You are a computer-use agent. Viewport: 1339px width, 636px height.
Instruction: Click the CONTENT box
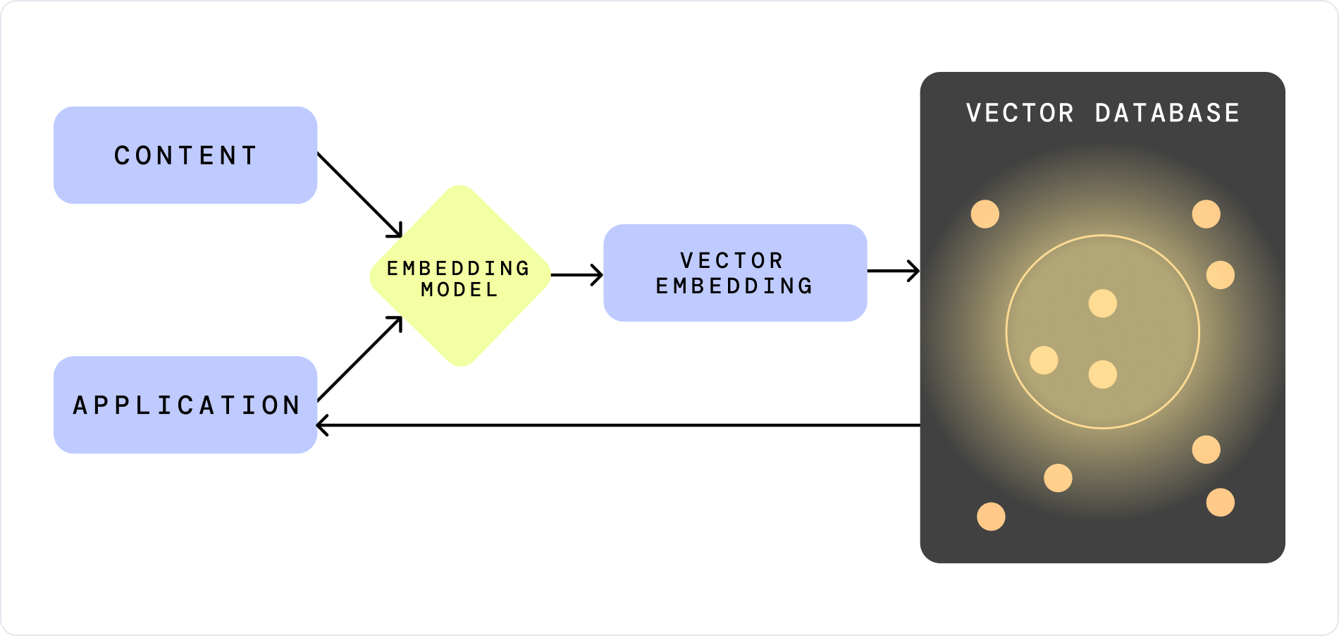(x=185, y=155)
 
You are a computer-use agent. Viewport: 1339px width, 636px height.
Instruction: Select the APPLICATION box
(x=185, y=405)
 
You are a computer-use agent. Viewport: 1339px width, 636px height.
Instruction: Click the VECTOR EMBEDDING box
(x=735, y=273)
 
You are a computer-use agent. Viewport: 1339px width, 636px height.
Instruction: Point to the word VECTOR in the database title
(x=1020, y=114)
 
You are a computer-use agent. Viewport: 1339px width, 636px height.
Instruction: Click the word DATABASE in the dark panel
(x=1167, y=114)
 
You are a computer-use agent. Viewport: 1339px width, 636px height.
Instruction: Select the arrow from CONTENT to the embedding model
(x=359, y=195)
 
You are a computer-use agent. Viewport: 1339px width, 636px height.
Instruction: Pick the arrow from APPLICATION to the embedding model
(x=359, y=359)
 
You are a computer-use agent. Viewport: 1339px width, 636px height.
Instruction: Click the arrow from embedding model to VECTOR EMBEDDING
(x=576, y=275)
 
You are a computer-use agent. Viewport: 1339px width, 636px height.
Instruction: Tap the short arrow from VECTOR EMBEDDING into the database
(x=893, y=271)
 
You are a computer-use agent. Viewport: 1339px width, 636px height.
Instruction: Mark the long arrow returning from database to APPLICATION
(x=619, y=425)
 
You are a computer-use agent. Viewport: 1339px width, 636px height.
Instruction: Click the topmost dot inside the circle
(x=1103, y=304)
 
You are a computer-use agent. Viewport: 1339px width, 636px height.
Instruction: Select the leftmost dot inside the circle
(x=1044, y=360)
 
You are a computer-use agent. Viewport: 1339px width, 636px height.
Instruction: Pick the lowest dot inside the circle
(x=1103, y=374)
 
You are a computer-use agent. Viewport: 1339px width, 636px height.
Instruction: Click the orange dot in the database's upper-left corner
(x=985, y=214)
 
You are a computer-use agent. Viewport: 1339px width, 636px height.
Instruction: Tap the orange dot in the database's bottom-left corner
(x=991, y=517)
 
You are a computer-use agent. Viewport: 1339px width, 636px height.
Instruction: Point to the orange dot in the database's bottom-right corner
(x=1221, y=503)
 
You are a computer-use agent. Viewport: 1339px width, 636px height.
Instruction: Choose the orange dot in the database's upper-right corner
(x=1207, y=214)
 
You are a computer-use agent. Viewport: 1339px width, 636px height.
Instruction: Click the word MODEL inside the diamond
(x=459, y=290)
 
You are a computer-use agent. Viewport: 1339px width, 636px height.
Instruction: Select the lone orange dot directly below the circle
(x=1058, y=478)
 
